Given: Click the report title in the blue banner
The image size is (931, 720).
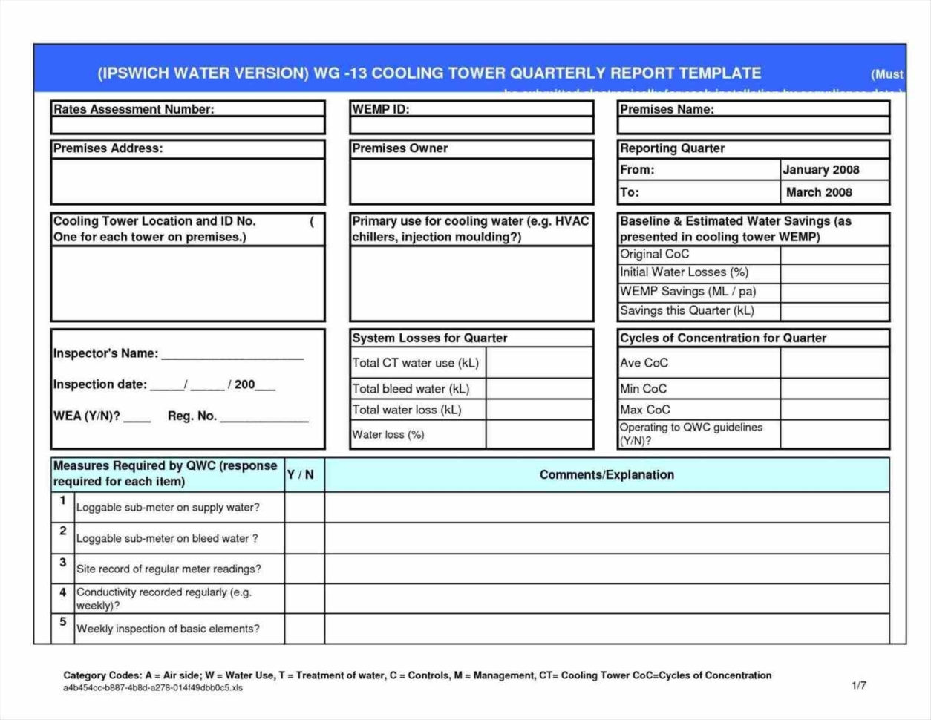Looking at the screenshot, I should [x=429, y=73].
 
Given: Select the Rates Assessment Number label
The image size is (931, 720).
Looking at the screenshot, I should [x=134, y=109].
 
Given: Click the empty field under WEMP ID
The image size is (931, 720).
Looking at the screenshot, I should [x=471, y=125].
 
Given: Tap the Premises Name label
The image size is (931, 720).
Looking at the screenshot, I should [x=667, y=109].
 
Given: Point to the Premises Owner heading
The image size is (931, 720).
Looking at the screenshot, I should [x=400, y=148].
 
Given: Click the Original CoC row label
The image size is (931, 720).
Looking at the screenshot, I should [x=655, y=254].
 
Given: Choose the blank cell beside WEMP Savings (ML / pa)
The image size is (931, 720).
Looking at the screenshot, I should [x=834, y=292].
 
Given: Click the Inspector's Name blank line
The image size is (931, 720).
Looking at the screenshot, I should [x=232, y=354].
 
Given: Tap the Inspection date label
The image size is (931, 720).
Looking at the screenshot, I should [x=100, y=384].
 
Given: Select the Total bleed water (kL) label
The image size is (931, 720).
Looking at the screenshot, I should [x=411, y=389].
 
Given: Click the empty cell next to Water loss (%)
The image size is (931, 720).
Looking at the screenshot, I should [x=539, y=434].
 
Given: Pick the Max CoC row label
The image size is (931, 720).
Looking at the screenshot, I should [x=645, y=410].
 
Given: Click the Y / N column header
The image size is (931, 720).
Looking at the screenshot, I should [x=301, y=474].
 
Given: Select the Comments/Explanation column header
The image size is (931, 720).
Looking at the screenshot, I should [x=607, y=474].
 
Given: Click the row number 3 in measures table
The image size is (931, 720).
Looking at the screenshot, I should [x=63, y=563].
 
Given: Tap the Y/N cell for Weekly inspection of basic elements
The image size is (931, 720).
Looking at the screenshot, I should [x=304, y=629].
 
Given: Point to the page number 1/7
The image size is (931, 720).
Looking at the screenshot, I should [x=859, y=685].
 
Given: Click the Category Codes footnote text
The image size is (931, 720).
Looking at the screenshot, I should [x=417, y=675].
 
